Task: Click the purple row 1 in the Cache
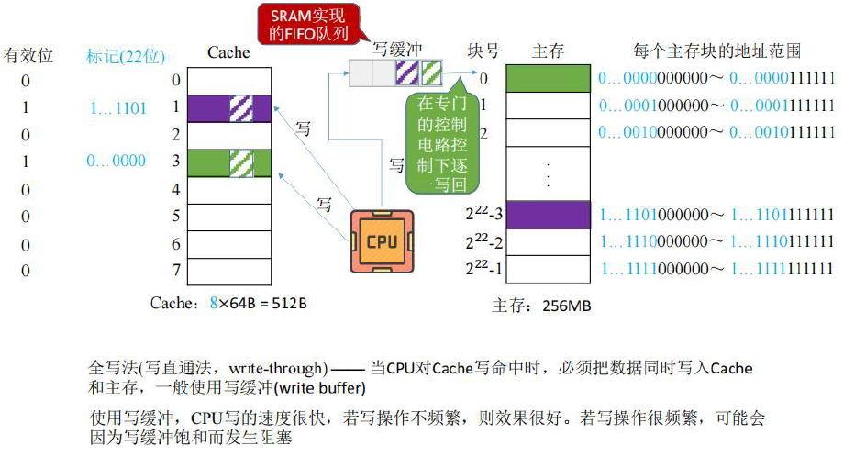(x=228, y=108)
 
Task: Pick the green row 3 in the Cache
(x=228, y=162)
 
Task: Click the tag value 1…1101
(x=117, y=108)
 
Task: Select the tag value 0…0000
(x=116, y=162)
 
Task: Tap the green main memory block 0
(x=547, y=79)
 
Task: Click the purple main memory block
(x=547, y=215)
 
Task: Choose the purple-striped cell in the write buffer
(x=407, y=72)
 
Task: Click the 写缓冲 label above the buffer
(x=397, y=49)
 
